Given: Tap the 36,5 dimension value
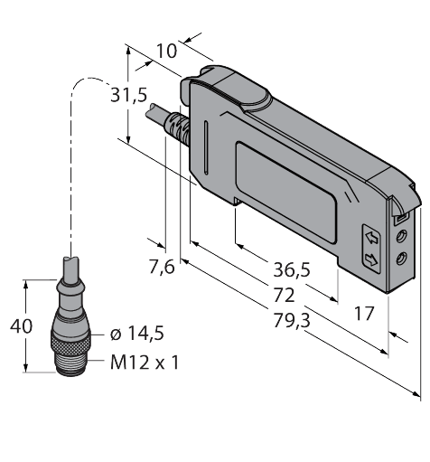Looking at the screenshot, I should pyautogui.click(x=291, y=269).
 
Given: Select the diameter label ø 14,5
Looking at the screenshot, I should pyautogui.click(x=136, y=335).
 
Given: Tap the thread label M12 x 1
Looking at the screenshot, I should pyautogui.click(x=145, y=363).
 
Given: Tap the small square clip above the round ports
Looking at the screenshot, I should pyautogui.click(x=398, y=218).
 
